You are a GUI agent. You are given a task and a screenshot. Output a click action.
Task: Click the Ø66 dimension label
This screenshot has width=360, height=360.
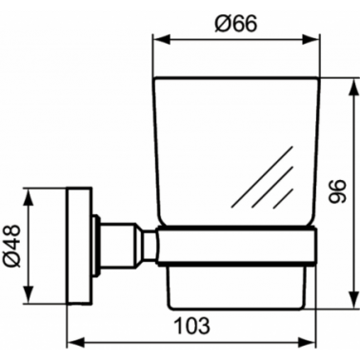coord(235,24)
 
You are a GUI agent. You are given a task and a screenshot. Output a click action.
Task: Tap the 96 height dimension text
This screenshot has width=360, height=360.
coord(336,191)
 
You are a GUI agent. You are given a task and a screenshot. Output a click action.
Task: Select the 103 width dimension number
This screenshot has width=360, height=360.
coord(192,326)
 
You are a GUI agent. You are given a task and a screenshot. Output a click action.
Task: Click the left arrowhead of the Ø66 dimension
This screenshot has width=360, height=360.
coord(162,40)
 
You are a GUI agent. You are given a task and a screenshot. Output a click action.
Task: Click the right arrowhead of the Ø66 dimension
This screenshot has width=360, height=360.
coord(310,40)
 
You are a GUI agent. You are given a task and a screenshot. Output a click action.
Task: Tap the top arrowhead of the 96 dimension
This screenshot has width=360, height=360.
coord(351,87)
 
